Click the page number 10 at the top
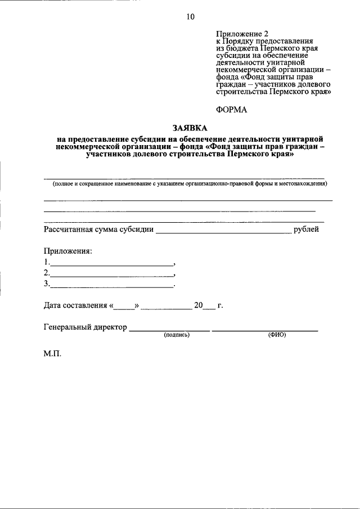(x=190, y=17)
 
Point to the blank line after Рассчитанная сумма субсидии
(x=223, y=232)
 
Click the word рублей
(x=307, y=229)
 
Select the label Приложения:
(x=67, y=251)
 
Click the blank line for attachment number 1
(x=112, y=264)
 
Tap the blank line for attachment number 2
(x=112, y=275)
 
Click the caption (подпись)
(x=177, y=335)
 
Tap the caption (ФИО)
(x=277, y=335)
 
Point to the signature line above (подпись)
(x=170, y=330)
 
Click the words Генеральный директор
(x=85, y=327)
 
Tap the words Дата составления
(x=75, y=305)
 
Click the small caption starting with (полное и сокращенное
(x=190, y=184)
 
